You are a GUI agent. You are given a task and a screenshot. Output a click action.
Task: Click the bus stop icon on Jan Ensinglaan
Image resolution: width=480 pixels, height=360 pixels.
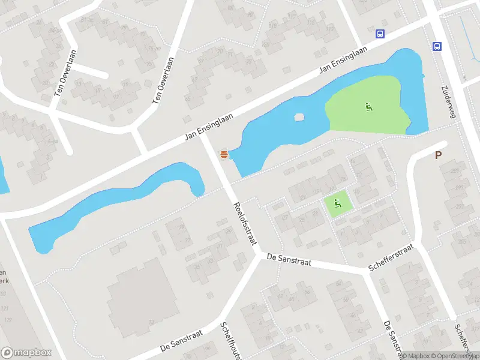[380, 34]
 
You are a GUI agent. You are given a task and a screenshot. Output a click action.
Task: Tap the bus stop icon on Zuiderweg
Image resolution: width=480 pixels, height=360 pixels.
[437, 46]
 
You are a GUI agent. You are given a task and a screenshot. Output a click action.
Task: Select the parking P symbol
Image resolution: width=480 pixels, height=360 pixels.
[438, 155]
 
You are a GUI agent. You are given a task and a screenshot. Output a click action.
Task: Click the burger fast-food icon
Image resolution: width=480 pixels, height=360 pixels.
[224, 154]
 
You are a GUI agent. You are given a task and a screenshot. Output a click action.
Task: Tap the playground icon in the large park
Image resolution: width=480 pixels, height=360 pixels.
[368, 108]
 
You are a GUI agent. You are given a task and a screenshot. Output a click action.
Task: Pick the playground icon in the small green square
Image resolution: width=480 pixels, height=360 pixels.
[338, 204]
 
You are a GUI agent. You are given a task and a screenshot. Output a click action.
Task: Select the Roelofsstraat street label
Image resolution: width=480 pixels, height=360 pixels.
[244, 223]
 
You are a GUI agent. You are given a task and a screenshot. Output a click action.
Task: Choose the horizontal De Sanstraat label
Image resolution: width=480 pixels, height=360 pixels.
[289, 258]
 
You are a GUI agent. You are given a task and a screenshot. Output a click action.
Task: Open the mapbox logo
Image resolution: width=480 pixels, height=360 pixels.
[26, 353]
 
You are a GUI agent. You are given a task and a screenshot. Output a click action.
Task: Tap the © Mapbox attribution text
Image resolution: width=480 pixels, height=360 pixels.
[415, 356]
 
